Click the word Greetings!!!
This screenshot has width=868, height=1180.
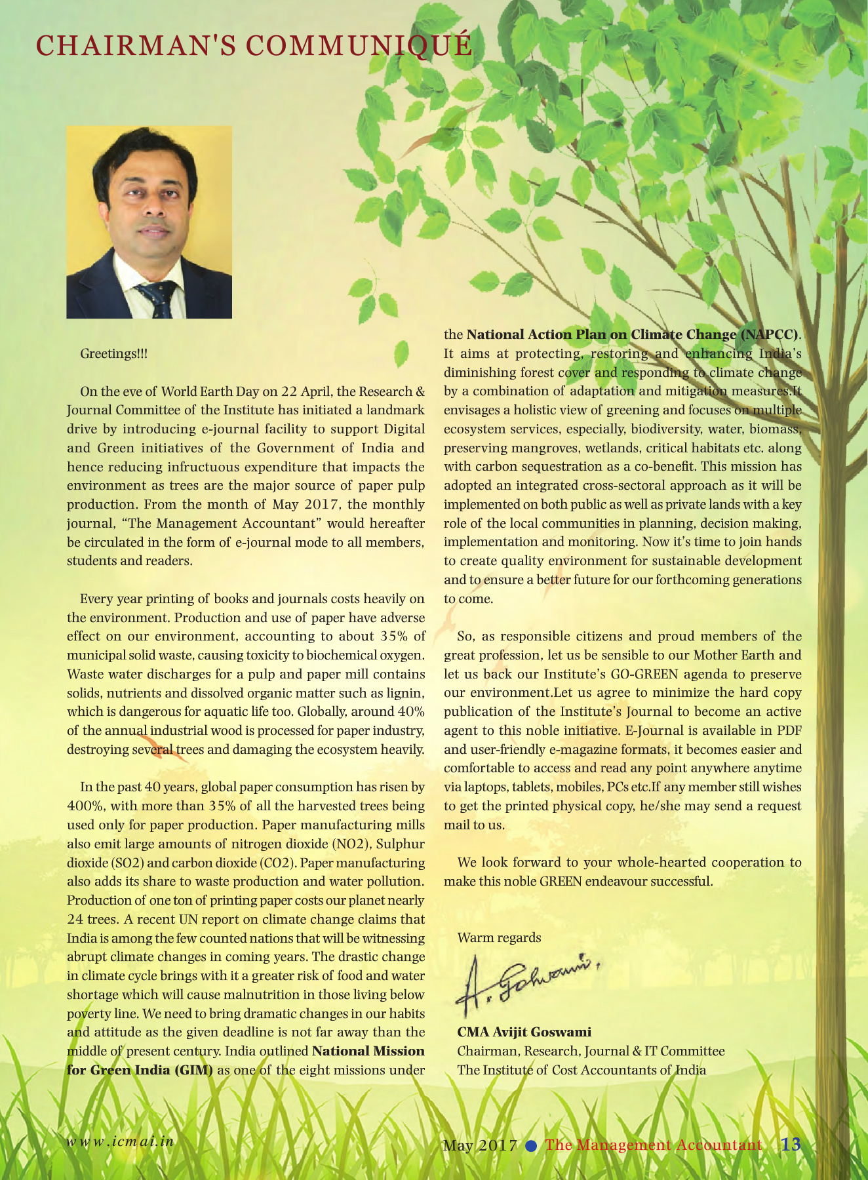[114, 354]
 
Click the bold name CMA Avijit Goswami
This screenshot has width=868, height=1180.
[524, 1032]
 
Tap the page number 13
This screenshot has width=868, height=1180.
[791, 1144]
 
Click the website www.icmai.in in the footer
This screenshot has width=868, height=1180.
[121, 1140]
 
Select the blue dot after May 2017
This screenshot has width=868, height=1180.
[532, 1145]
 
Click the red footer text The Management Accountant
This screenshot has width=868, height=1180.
[653, 1145]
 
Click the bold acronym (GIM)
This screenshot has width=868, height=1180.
[193, 1070]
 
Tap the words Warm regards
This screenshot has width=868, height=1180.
[499, 937]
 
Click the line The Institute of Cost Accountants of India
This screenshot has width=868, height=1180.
[582, 1070]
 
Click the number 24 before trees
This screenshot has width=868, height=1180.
[75, 919]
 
